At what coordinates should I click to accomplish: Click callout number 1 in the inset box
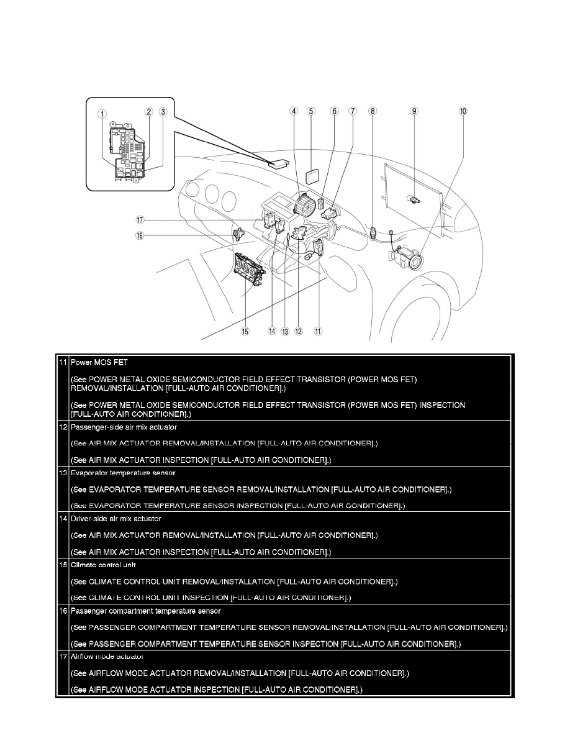(x=102, y=114)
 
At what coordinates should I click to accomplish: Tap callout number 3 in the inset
(x=163, y=112)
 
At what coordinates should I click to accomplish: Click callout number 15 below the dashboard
(x=245, y=331)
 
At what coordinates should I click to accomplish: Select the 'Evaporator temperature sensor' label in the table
(x=123, y=473)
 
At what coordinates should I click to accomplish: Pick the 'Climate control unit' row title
(x=102, y=565)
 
